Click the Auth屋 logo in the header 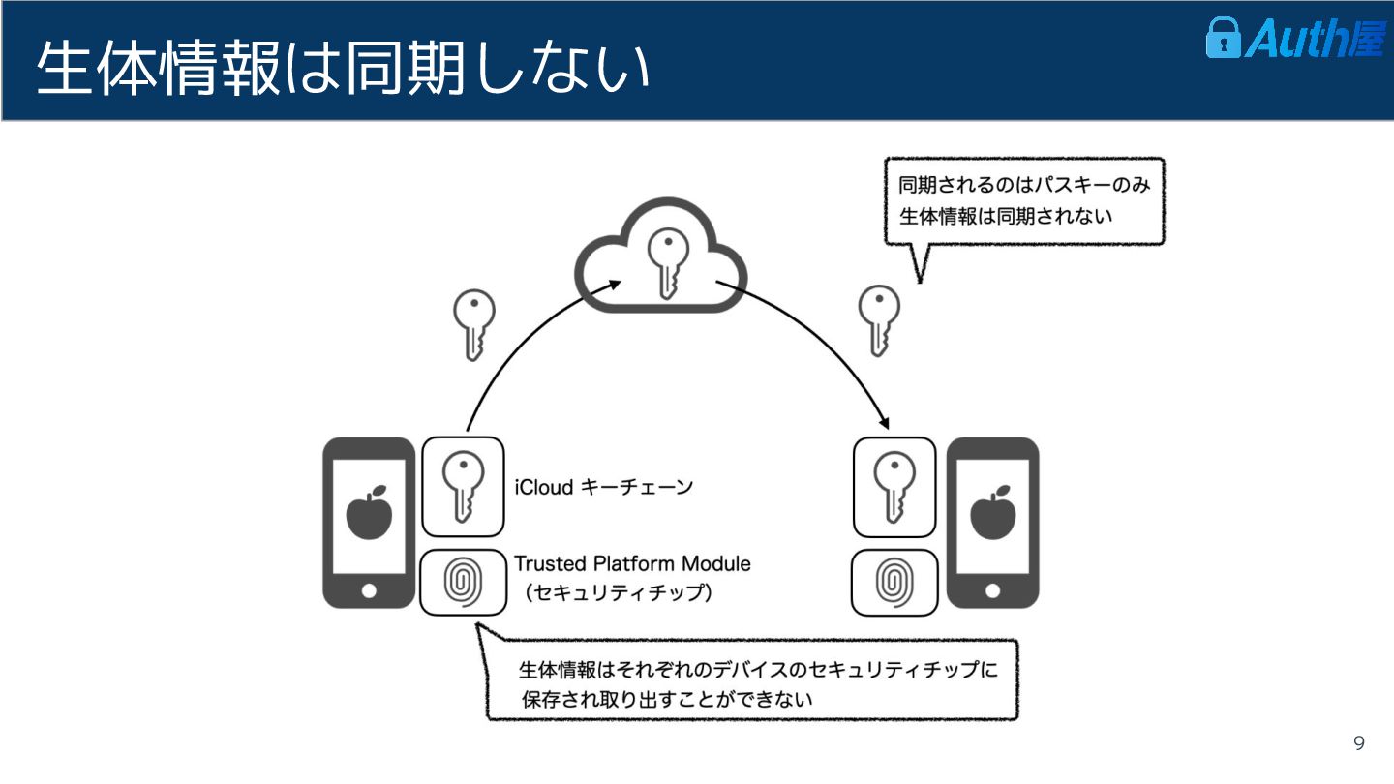click(x=1294, y=40)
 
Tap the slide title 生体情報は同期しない click(x=343, y=69)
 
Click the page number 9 click(x=1359, y=743)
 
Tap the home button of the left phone click(x=369, y=590)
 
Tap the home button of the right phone click(x=992, y=590)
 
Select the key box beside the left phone click(x=463, y=487)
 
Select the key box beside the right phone click(x=894, y=487)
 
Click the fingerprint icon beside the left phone click(x=463, y=582)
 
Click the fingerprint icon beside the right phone click(x=894, y=582)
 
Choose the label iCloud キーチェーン click(x=604, y=487)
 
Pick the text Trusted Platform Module click(x=632, y=563)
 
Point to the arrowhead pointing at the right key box click(x=884, y=424)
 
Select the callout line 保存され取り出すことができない click(x=666, y=699)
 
